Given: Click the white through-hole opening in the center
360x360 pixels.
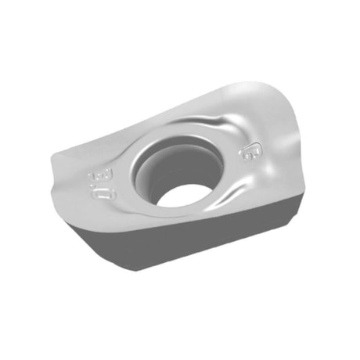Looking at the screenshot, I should point(182,193).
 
